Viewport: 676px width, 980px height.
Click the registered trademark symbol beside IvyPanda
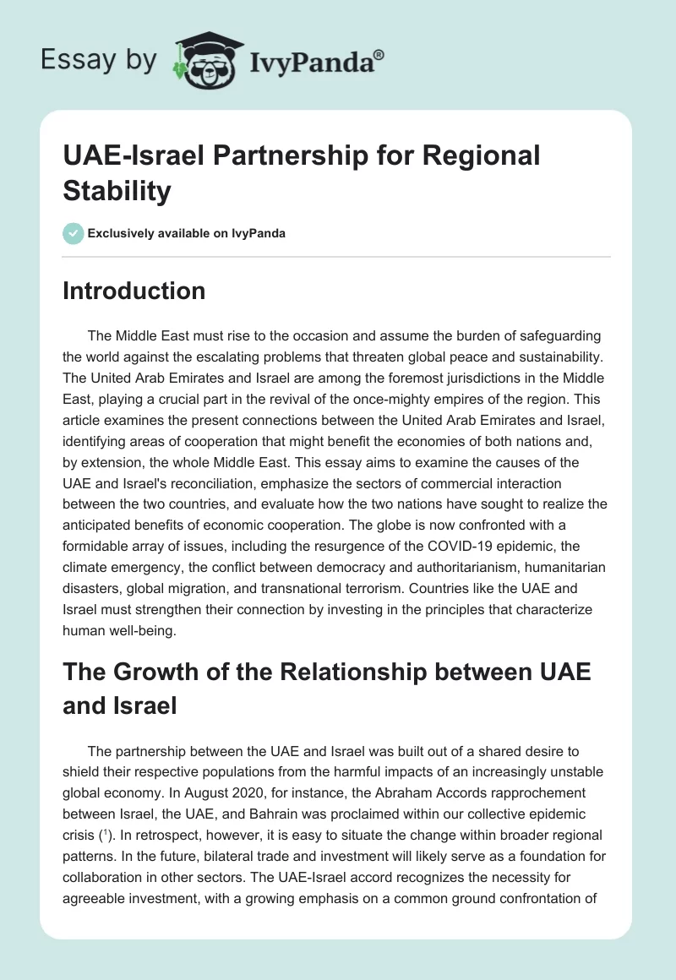coord(379,55)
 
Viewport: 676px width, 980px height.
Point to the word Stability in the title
coord(117,191)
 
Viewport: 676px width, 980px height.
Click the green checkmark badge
coord(74,233)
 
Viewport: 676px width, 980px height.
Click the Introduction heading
coord(134,291)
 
